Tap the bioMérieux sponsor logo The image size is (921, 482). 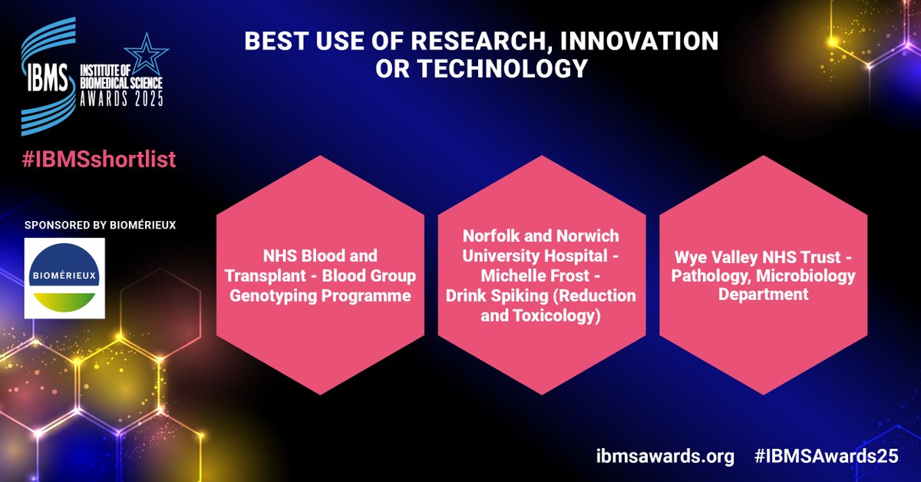click(64, 277)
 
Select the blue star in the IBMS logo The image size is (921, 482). click(144, 55)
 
